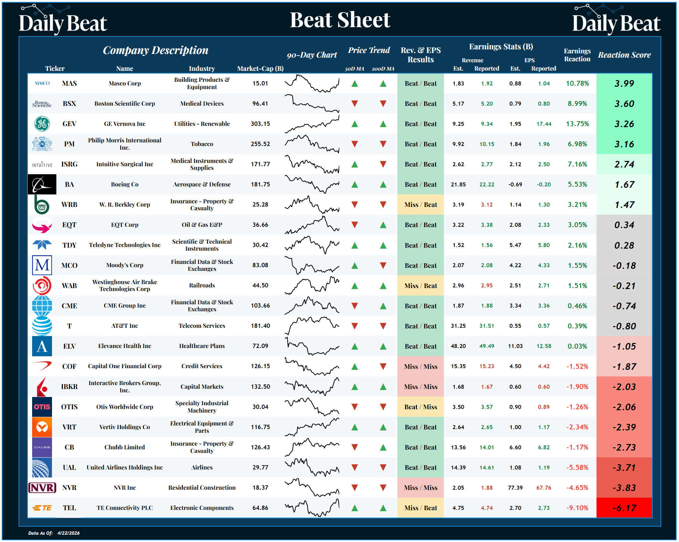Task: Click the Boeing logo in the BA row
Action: coord(42,184)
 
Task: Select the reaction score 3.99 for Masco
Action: coord(624,83)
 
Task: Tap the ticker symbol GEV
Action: coord(69,124)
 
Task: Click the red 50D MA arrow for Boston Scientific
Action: coord(354,104)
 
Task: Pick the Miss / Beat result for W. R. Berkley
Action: coord(420,205)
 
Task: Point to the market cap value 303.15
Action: coord(260,124)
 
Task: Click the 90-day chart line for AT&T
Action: coord(311,326)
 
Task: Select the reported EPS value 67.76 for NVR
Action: coord(544,488)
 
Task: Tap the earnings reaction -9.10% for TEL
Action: coord(577,508)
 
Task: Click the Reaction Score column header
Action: coord(624,55)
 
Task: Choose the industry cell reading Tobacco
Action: coord(202,144)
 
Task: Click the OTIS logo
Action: coord(42,407)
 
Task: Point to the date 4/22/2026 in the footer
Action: coord(68,533)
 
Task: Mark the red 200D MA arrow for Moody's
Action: coord(383,265)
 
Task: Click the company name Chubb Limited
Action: coord(125,447)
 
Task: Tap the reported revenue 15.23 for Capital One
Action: coord(487,366)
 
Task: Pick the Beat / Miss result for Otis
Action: coord(420,407)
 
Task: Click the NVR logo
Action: coord(42,488)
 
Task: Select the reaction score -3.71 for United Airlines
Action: coord(624,468)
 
